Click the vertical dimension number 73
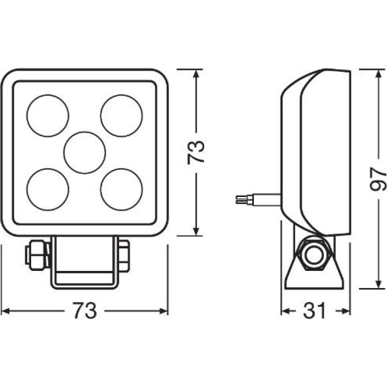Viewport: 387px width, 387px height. (196, 152)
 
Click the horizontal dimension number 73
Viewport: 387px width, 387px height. (84, 311)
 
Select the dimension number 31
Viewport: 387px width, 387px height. (315, 311)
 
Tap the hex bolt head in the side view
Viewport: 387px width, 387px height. (314, 253)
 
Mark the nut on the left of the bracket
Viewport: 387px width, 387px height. (38, 255)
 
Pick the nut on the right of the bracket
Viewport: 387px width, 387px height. (124, 255)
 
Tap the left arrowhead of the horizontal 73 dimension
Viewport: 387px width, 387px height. (6, 311)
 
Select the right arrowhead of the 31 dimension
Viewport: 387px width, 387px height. (346, 311)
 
